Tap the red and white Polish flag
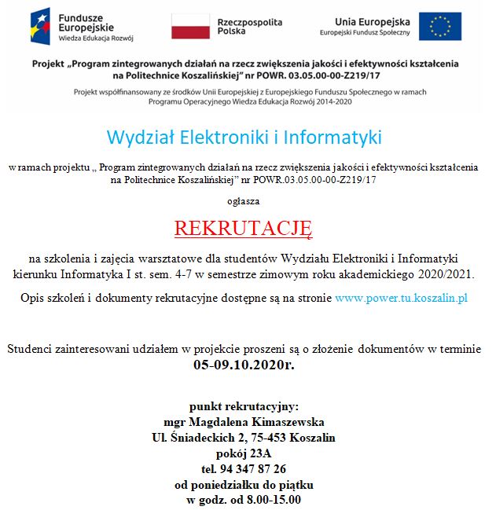(x=190, y=26)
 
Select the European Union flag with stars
(x=439, y=26)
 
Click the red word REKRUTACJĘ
(x=244, y=229)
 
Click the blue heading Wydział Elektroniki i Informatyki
(x=244, y=138)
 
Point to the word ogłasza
(x=244, y=201)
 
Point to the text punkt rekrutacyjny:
(x=244, y=406)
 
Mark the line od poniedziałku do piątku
(x=244, y=485)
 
